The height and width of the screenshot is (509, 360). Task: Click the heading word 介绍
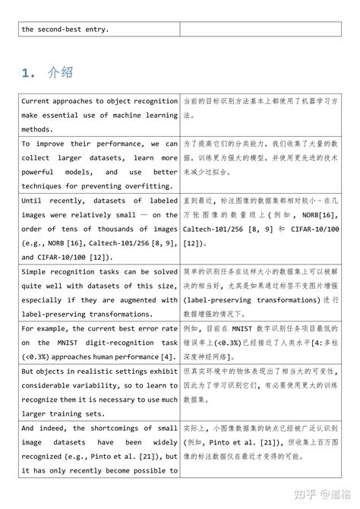click(x=62, y=73)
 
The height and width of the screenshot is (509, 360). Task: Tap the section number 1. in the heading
click(x=30, y=73)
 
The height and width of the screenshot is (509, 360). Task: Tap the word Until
click(x=33, y=201)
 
